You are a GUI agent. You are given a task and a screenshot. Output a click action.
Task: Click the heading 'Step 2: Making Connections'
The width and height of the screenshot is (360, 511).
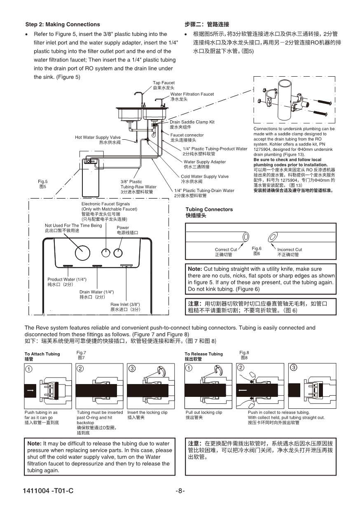pyautogui.click(x=63, y=24)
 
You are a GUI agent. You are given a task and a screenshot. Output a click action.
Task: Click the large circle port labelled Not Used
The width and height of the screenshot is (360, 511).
pyautogui.click(x=81, y=255)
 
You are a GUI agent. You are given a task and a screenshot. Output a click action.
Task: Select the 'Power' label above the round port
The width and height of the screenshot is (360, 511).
pyautogui.click(x=123, y=227)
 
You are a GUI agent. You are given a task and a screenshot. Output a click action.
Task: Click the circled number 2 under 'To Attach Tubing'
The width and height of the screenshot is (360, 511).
pyautogui.click(x=81, y=368)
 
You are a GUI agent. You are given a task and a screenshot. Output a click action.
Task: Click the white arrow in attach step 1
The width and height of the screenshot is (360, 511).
pyautogui.click(x=30, y=389)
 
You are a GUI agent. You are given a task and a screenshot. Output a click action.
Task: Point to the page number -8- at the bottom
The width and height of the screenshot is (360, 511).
pyautogui.click(x=180, y=491)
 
